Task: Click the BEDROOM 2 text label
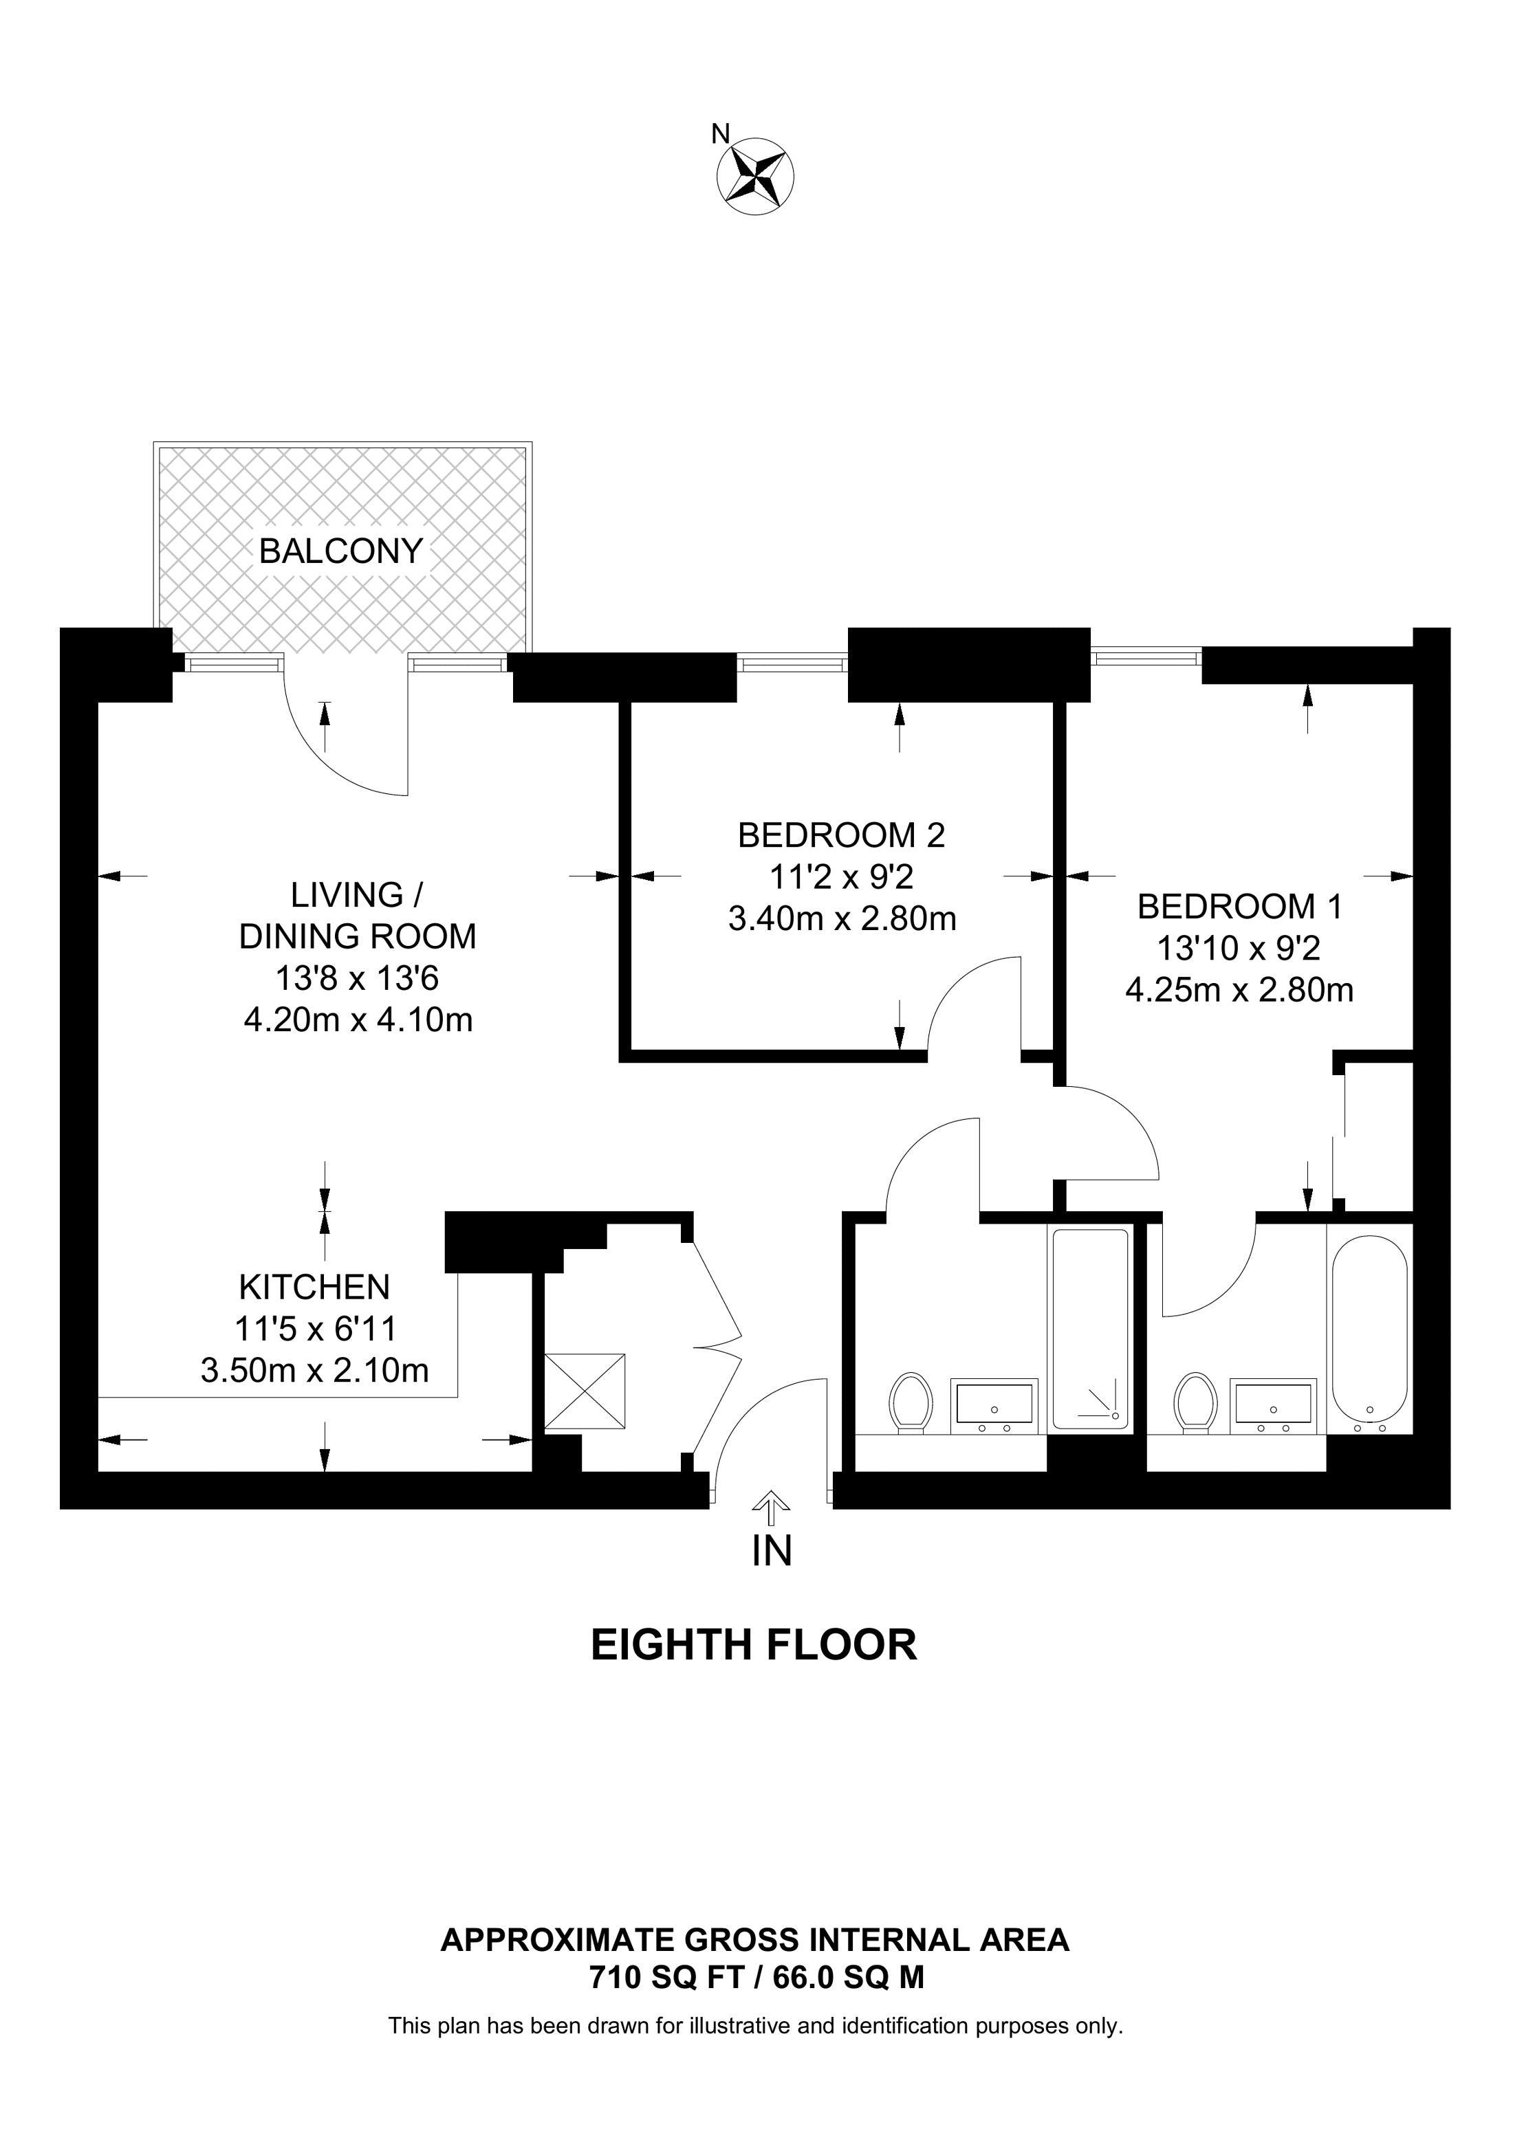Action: tap(841, 835)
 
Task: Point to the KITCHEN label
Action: tap(314, 1287)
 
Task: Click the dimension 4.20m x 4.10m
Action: tap(358, 1019)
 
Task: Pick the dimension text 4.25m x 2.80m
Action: tap(1239, 989)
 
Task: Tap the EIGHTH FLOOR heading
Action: tap(754, 1646)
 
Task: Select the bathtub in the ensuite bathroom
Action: tap(1369, 1334)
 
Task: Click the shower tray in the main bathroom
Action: tap(1090, 1334)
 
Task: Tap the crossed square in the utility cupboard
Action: tap(585, 1391)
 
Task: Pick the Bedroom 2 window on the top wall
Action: tap(792, 663)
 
